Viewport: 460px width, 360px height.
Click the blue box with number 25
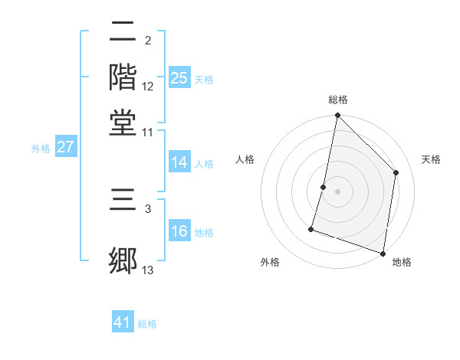pyautogui.click(x=179, y=77)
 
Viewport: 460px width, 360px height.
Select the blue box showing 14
pyautogui.click(x=179, y=162)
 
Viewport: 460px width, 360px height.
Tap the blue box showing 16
pyautogui.click(x=179, y=231)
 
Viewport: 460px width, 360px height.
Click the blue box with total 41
pyautogui.click(x=123, y=322)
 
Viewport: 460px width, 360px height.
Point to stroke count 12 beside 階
pyautogui.click(x=148, y=86)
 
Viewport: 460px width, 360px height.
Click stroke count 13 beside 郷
pyautogui.click(x=148, y=270)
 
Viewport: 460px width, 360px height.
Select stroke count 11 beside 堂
pyautogui.click(x=148, y=132)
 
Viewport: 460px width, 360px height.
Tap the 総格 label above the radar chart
pyautogui.click(x=337, y=100)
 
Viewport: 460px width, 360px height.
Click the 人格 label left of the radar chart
pyautogui.click(x=245, y=159)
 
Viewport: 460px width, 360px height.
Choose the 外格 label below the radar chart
pyautogui.click(x=270, y=262)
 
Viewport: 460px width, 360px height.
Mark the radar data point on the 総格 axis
pyautogui.click(x=337, y=116)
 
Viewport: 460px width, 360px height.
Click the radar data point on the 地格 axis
pyautogui.click(x=383, y=253)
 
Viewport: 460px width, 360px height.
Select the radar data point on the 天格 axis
pyautogui.click(x=396, y=172)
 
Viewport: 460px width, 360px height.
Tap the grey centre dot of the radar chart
pyautogui.click(x=337, y=191)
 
